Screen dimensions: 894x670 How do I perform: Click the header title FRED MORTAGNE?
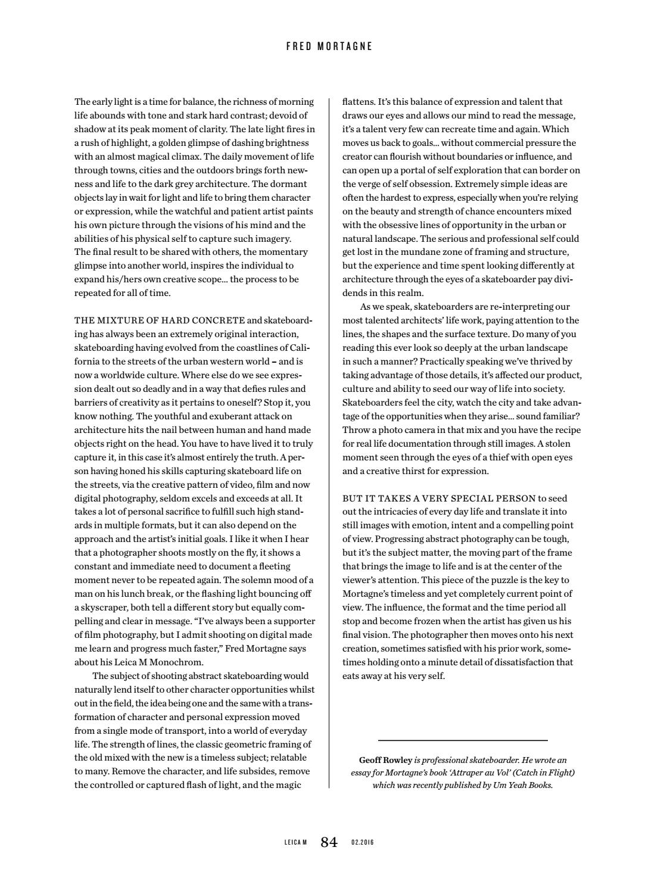click(329, 46)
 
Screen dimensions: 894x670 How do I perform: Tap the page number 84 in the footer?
click(329, 842)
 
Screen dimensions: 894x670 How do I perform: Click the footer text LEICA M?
click(295, 843)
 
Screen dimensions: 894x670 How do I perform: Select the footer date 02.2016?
click(362, 843)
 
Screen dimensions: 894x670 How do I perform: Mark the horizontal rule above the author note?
click(463, 740)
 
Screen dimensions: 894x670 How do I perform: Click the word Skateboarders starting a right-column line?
click(372, 403)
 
